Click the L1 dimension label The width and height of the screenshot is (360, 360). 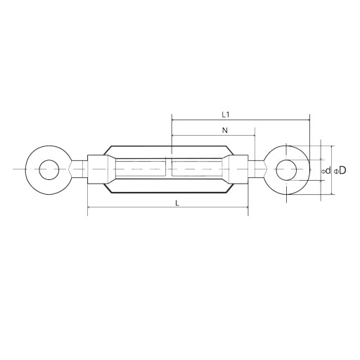226,115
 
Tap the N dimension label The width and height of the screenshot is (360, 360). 225,130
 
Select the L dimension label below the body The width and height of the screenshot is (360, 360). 177,203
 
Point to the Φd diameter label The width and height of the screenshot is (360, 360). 326,170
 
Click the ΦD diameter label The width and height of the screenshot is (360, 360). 340,170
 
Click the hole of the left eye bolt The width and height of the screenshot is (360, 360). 49,170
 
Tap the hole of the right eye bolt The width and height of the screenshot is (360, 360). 286,170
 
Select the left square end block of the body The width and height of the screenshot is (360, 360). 98,169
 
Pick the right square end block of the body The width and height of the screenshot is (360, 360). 239,169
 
